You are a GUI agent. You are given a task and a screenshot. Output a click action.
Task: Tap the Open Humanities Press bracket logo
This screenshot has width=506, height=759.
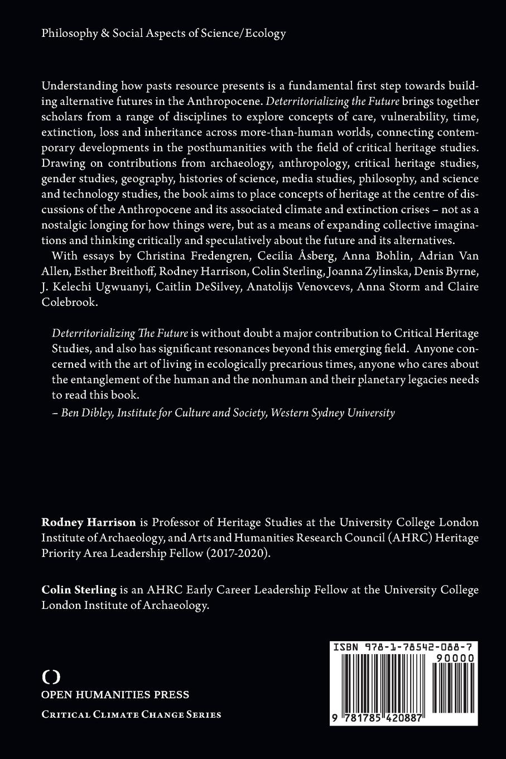click(x=51, y=676)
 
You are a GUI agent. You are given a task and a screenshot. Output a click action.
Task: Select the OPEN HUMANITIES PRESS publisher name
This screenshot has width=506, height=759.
click(x=115, y=695)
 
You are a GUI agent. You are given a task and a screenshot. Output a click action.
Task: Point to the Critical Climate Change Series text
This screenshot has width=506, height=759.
click(x=131, y=714)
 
